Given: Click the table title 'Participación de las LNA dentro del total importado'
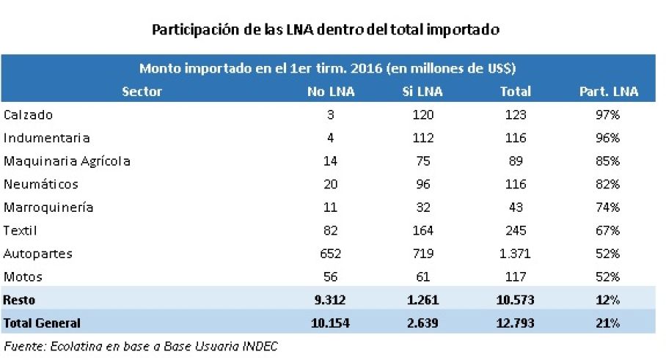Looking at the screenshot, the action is pyautogui.click(x=326, y=30).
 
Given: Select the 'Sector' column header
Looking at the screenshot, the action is pyautogui.click(x=142, y=91).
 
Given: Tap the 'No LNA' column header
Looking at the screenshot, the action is pyautogui.click(x=331, y=91).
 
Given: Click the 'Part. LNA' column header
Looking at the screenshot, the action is pyautogui.click(x=609, y=91).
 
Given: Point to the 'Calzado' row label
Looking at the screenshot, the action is pyautogui.click(x=28, y=114).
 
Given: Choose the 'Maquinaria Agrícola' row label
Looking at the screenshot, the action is pyautogui.click(x=67, y=161).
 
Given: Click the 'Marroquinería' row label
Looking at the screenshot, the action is pyautogui.click(x=48, y=207).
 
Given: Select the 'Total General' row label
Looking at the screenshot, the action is pyautogui.click(x=42, y=323).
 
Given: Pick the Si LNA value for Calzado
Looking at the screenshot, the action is pyautogui.click(x=423, y=114).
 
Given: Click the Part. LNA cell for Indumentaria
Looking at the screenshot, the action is pyautogui.click(x=607, y=138).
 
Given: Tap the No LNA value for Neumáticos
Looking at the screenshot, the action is pyautogui.click(x=331, y=184).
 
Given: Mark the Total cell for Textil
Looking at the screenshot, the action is pyautogui.click(x=516, y=230).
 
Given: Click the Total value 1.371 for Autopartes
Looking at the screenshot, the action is pyautogui.click(x=515, y=254).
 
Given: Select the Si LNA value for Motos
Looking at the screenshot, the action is pyautogui.click(x=423, y=277).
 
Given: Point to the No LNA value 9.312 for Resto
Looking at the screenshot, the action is pyautogui.click(x=330, y=300).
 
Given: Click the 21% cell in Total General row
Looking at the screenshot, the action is pyautogui.click(x=607, y=323).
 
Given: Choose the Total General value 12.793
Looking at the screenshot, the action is pyautogui.click(x=515, y=323).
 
